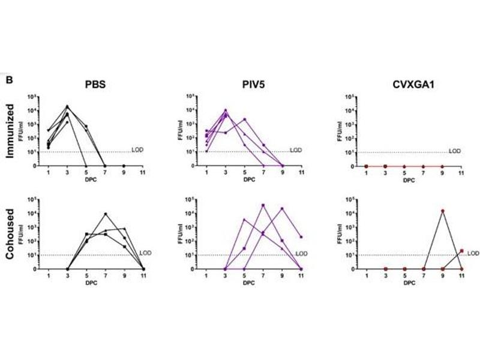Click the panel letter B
click(x=9, y=79)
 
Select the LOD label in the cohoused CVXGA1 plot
click(x=473, y=253)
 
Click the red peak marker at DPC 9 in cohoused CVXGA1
click(x=442, y=211)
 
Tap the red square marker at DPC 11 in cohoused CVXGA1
click(x=461, y=251)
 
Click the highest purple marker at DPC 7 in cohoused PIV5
click(x=263, y=205)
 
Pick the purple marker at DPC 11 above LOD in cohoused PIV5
click(x=301, y=238)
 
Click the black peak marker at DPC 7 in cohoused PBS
click(x=106, y=214)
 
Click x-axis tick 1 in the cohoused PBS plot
click(x=49, y=276)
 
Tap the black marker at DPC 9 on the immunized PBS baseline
click(x=124, y=166)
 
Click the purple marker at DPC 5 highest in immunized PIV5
click(x=244, y=119)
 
